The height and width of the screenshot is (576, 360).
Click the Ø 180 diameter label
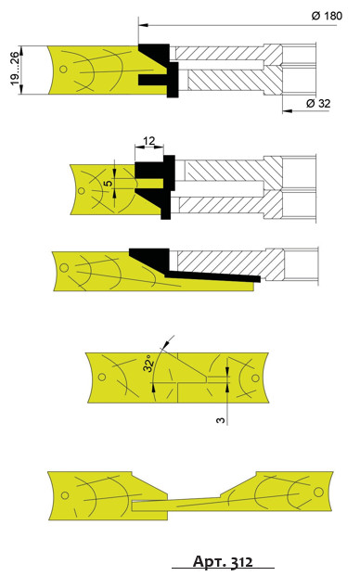(x=327, y=16)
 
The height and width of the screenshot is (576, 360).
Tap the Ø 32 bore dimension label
(x=318, y=104)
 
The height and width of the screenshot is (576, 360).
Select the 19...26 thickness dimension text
(x=14, y=69)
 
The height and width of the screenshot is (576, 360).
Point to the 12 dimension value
(x=148, y=141)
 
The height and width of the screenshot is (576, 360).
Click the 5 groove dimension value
(x=109, y=183)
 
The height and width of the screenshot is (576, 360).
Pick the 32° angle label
(x=148, y=364)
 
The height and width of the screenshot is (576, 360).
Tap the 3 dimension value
(x=221, y=419)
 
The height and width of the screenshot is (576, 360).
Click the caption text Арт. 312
(x=223, y=562)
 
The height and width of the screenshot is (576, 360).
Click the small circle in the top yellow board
(x=63, y=69)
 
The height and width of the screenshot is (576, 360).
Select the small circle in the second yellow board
(x=81, y=191)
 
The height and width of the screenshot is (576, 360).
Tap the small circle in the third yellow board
(x=64, y=268)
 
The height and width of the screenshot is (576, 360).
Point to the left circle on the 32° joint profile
(x=102, y=377)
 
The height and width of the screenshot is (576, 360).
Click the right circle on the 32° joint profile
(x=255, y=378)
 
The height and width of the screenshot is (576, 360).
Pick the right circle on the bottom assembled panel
(x=318, y=492)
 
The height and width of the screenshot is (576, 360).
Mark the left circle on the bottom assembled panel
(x=65, y=495)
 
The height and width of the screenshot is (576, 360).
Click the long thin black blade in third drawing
(x=212, y=276)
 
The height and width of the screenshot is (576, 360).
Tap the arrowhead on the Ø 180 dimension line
(x=143, y=25)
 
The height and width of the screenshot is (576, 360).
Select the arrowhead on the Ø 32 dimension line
(x=288, y=110)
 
